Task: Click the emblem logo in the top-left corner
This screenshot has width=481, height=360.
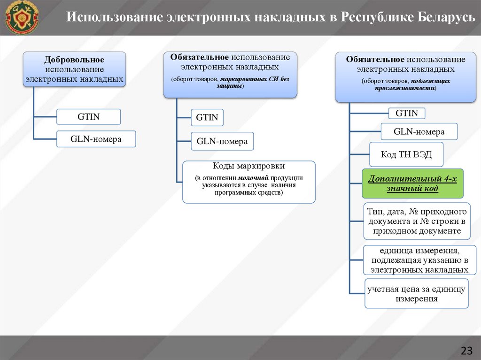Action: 22,17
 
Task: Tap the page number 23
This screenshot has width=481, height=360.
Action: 466,350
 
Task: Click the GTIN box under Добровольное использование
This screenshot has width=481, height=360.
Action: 88,117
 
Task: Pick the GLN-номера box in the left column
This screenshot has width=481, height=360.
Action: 96,139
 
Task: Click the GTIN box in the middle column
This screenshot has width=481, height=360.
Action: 207,117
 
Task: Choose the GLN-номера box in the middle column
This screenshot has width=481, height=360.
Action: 222,141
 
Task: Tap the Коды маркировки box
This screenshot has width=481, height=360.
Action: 248,182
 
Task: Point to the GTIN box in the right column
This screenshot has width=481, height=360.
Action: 406,113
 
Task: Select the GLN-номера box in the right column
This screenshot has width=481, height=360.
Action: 419,132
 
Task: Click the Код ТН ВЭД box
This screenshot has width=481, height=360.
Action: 406,154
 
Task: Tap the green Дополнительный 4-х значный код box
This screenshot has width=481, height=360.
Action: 412,184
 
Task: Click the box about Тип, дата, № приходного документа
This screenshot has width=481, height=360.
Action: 416,221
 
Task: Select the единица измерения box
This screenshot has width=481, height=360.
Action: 416,260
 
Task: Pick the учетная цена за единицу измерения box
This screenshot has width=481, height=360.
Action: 416,294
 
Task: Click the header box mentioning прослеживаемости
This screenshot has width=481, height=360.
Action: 405,77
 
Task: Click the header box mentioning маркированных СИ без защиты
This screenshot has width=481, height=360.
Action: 230,74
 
